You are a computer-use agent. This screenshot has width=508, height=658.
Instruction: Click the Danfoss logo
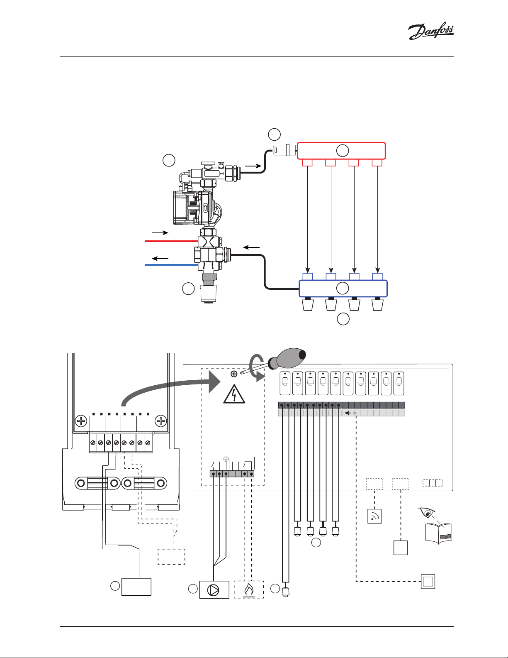point(431,32)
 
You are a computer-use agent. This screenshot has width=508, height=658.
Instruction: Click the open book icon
point(439,534)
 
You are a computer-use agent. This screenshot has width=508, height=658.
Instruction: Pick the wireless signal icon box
point(374,516)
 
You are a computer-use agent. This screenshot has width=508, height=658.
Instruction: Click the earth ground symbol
point(226,459)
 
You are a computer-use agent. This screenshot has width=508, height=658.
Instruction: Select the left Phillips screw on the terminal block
point(81,422)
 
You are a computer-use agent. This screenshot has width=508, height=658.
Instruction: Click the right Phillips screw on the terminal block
point(160,422)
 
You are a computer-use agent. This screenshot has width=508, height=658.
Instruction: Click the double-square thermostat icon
point(428,582)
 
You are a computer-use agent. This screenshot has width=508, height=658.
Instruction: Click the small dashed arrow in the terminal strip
point(351,413)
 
